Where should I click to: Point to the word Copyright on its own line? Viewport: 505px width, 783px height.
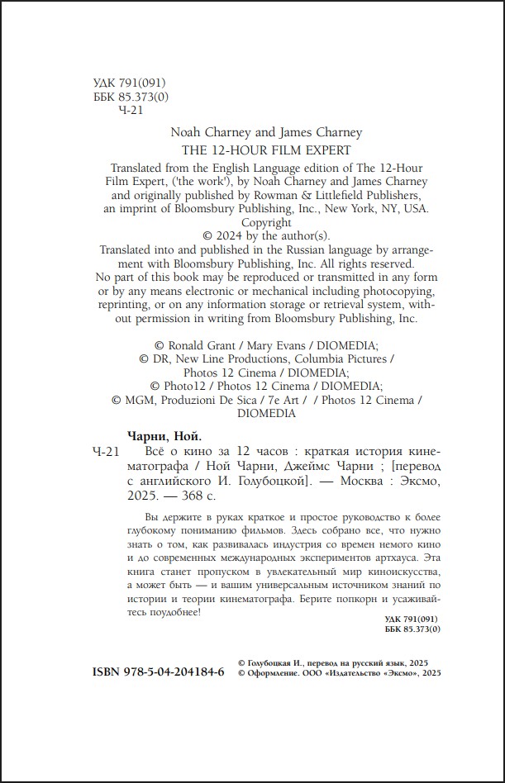[x=266, y=222]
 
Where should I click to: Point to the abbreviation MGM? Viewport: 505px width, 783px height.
[x=137, y=400]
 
